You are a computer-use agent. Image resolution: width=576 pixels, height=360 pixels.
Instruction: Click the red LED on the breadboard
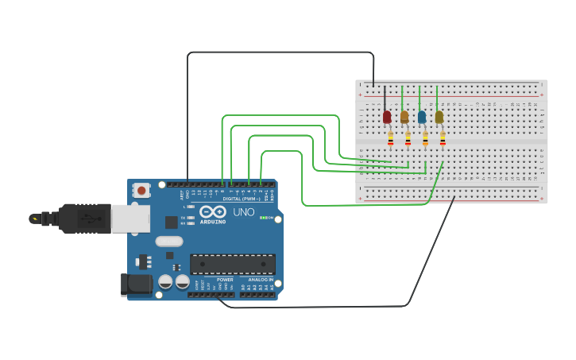[x=387, y=117]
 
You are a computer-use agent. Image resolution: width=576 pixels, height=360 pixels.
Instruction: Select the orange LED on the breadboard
[x=404, y=117]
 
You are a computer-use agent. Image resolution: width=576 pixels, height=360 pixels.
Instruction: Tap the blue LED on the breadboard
[x=422, y=117]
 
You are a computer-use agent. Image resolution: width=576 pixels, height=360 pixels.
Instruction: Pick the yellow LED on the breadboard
[x=439, y=117]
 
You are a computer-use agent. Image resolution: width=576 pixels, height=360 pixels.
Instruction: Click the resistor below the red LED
[x=390, y=140]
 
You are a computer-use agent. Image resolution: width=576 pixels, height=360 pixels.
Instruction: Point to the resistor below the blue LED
[x=425, y=140]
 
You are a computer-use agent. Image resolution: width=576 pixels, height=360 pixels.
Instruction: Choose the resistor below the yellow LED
[x=443, y=140]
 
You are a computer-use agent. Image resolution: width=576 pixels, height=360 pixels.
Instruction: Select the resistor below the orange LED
[x=408, y=140]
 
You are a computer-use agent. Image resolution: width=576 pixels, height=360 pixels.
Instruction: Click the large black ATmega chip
[x=233, y=264]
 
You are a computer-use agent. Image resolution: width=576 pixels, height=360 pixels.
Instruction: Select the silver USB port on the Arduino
[x=130, y=219]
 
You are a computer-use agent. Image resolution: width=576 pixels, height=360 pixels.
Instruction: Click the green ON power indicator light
[x=263, y=217]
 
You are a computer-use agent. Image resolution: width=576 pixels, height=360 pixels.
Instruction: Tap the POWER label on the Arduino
[x=225, y=280]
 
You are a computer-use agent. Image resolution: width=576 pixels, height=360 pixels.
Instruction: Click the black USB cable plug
[x=83, y=218]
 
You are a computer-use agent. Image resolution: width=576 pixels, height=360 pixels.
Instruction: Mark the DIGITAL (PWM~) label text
[x=242, y=199]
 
